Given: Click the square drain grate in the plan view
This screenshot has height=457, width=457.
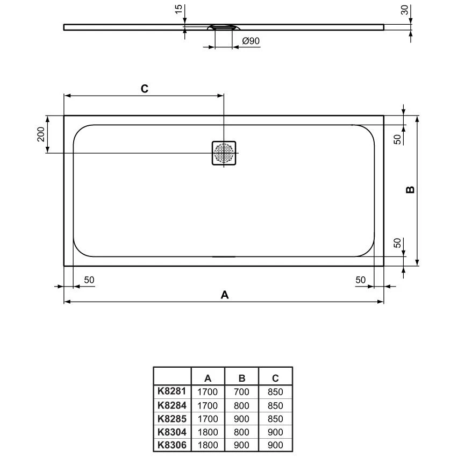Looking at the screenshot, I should tap(224, 154).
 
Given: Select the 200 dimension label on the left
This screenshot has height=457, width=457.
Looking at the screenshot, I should tap(40, 134).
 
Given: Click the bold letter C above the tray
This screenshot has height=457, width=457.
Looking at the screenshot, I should tap(144, 89).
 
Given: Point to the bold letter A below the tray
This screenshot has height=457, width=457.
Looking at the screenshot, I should tap(225, 295).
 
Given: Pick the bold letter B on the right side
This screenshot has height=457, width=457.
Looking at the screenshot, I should tap(410, 190).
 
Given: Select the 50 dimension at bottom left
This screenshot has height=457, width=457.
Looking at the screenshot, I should tap(89, 280).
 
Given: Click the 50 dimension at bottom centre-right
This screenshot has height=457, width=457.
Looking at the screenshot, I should tap(360, 280).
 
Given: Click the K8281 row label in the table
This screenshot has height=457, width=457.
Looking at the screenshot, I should tap(172, 392).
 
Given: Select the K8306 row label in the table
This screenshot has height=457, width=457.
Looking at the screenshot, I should tap(172, 445).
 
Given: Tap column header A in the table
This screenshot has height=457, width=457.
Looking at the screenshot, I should tap(208, 378).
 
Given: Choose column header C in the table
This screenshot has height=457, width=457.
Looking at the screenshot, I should tap(275, 378).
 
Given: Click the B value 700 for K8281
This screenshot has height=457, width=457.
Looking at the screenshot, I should tap(241, 392).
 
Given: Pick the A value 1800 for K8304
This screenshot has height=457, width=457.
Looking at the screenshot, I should tap(208, 432).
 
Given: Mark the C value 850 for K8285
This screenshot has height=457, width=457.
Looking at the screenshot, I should tap(275, 418).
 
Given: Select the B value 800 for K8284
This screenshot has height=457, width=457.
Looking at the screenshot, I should tap(241, 405).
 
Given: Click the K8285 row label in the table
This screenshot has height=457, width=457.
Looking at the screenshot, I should tap(172, 418).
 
